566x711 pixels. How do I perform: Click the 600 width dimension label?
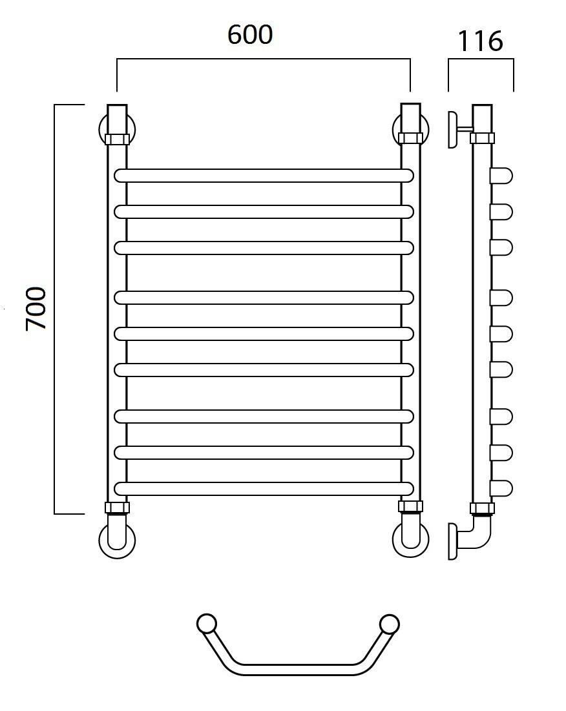(250, 35)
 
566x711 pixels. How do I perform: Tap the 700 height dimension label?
(36, 308)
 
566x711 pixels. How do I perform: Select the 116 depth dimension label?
(480, 41)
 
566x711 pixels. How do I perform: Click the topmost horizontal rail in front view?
(264, 176)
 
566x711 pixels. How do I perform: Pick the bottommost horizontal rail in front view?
(264, 488)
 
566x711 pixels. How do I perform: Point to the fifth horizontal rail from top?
(264, 334)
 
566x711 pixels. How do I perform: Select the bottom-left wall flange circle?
(117, 540)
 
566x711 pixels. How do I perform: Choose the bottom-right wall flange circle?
(410, 540)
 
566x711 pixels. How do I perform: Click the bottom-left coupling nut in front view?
(117, 508)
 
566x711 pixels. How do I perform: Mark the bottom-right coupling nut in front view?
(410, 508)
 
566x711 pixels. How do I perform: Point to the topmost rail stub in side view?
(501, 176)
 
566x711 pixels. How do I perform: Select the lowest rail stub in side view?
(501, 488)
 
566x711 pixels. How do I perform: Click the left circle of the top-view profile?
(207, 624)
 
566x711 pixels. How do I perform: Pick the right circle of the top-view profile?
(389, 624)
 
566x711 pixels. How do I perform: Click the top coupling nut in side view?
(482, 138)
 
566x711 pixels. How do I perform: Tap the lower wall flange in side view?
(453, 541)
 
